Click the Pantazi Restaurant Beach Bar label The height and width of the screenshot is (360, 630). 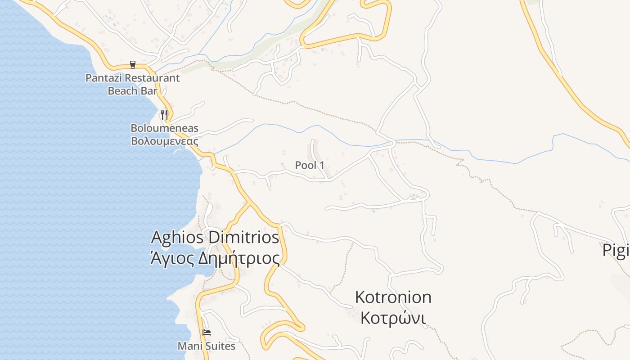132,84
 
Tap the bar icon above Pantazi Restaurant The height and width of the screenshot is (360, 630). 133,65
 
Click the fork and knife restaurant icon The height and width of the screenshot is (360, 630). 164,115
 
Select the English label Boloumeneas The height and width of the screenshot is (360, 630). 164,128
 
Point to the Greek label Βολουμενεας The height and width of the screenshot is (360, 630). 164,141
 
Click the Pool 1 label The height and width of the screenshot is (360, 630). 310,165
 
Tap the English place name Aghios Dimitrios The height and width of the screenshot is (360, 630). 215,237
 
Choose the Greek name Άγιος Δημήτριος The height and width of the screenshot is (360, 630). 215,258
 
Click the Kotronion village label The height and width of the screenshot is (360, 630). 393,297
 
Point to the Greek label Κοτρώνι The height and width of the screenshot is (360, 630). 393,318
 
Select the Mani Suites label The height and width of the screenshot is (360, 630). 207,346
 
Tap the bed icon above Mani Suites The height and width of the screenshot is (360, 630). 207,333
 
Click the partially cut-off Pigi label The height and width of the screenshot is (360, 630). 616,251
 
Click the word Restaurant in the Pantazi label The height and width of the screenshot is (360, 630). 152,78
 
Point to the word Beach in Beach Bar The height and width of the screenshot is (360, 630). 122,90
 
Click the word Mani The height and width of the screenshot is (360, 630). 189,346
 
